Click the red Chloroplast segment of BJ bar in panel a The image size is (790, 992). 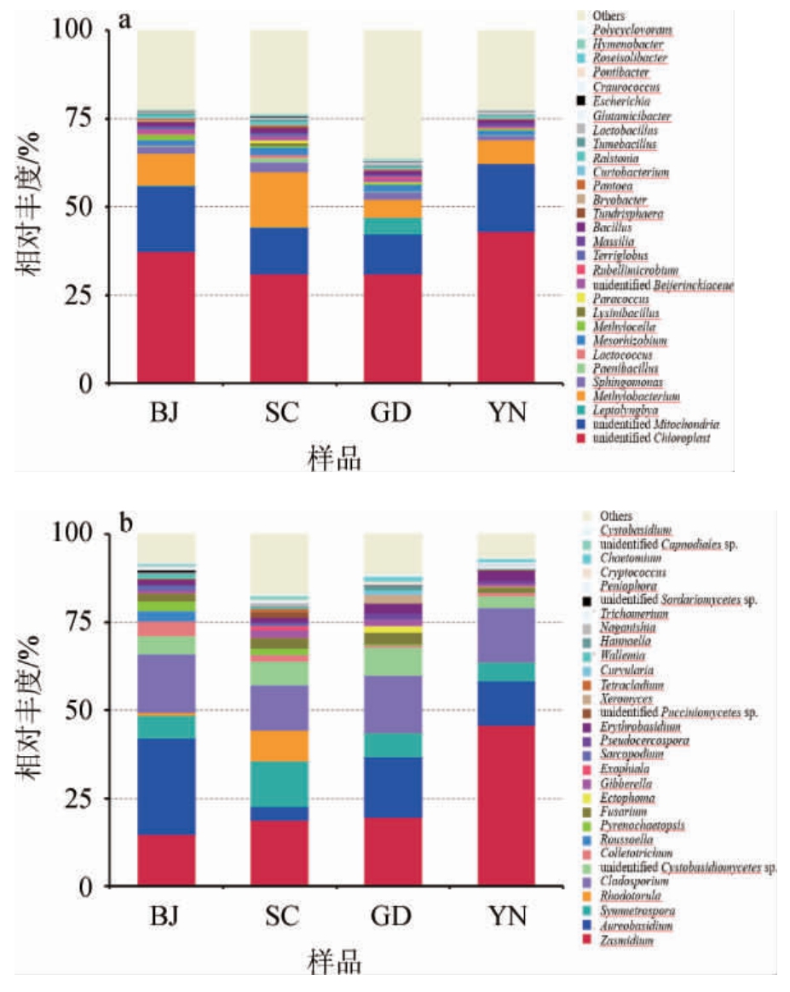166,317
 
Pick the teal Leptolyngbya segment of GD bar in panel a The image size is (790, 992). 393,226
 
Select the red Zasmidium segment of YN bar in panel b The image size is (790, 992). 506,805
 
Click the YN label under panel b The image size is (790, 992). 506,917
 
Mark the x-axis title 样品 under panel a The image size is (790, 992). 333,459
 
